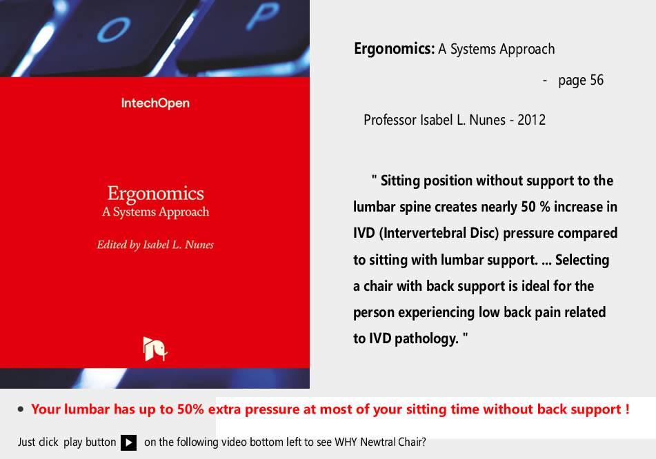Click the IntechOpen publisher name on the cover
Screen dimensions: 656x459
click(x=155, y=103)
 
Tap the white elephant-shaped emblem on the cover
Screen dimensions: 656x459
click(x=155, y=349)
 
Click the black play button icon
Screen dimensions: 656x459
click(x=128, y=442)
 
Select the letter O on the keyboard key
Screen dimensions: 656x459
click(x=114, y=31)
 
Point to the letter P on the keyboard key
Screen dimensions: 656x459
click(x=262, y=15)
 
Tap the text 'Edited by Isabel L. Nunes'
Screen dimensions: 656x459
click(x=155, y=245)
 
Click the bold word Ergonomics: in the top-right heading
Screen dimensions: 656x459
click(x=395, y=49)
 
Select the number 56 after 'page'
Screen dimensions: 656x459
click(x=597, y=80)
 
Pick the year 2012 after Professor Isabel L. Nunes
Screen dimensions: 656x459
click(x=531, y=120)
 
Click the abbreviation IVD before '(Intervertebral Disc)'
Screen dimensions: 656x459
click(x=364, y=233)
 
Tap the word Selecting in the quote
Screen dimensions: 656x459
click(x=582, y=260)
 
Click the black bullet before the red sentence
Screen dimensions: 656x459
click(x=21, y=409)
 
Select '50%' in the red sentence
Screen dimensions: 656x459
click(x=190, y=409)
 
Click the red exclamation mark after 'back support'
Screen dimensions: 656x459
click(x=628, y=409)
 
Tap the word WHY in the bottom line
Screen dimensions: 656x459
click(x=346, y=442)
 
